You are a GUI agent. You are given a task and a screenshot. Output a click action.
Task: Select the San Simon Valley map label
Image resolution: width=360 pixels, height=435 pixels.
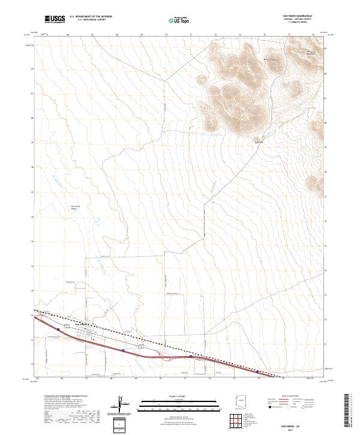click(x=76, y=208)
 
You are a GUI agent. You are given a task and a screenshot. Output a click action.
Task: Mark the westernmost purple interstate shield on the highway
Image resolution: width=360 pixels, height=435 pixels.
click(x=58, y=329)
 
